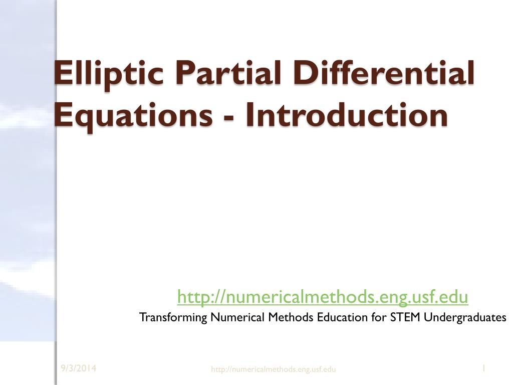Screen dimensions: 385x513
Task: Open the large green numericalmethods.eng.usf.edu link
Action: click(323, 297)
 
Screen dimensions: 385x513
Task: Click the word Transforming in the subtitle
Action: click(173, 318)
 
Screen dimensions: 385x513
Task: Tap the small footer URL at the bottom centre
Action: click(274, 369)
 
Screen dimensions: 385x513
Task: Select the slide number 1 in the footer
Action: click(483, 369)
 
